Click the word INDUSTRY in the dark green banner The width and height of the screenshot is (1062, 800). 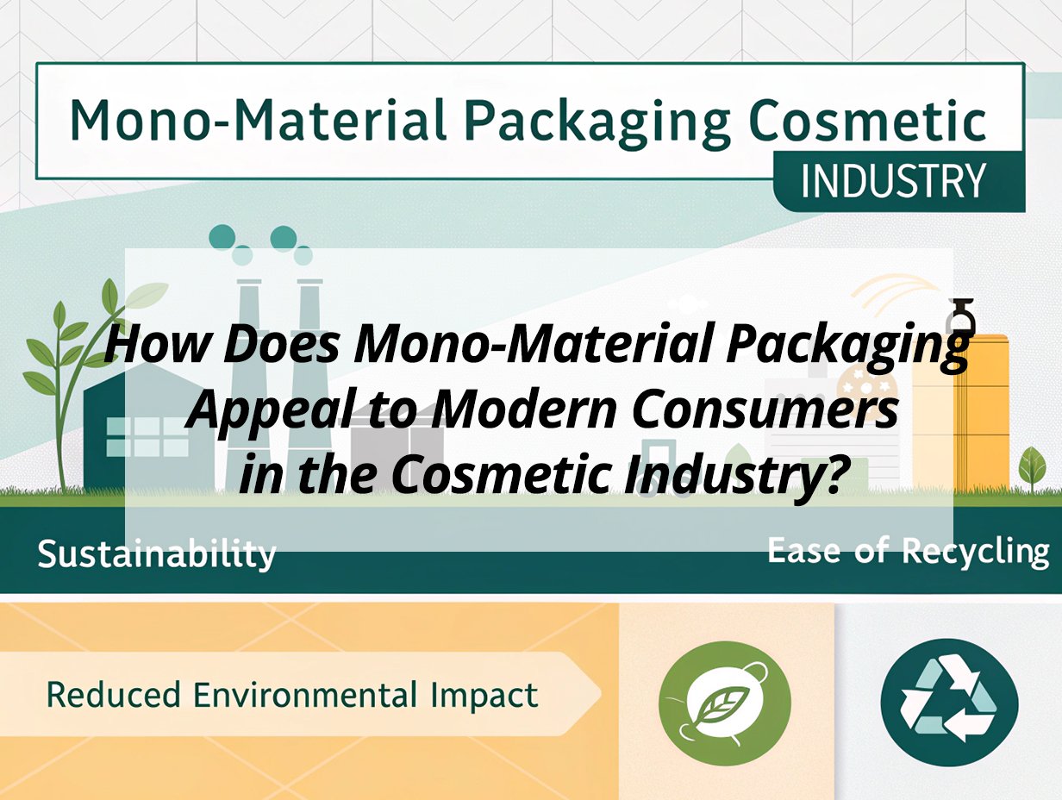tap(893, 180)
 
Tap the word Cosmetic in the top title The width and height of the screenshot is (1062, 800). tap(867, 121)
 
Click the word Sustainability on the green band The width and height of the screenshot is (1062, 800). tap(157, 554)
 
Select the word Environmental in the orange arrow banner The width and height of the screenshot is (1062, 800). tap(304, 695)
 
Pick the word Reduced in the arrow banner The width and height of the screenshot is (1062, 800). tap(113, 695)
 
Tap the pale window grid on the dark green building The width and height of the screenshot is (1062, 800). tap(147, 436)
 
